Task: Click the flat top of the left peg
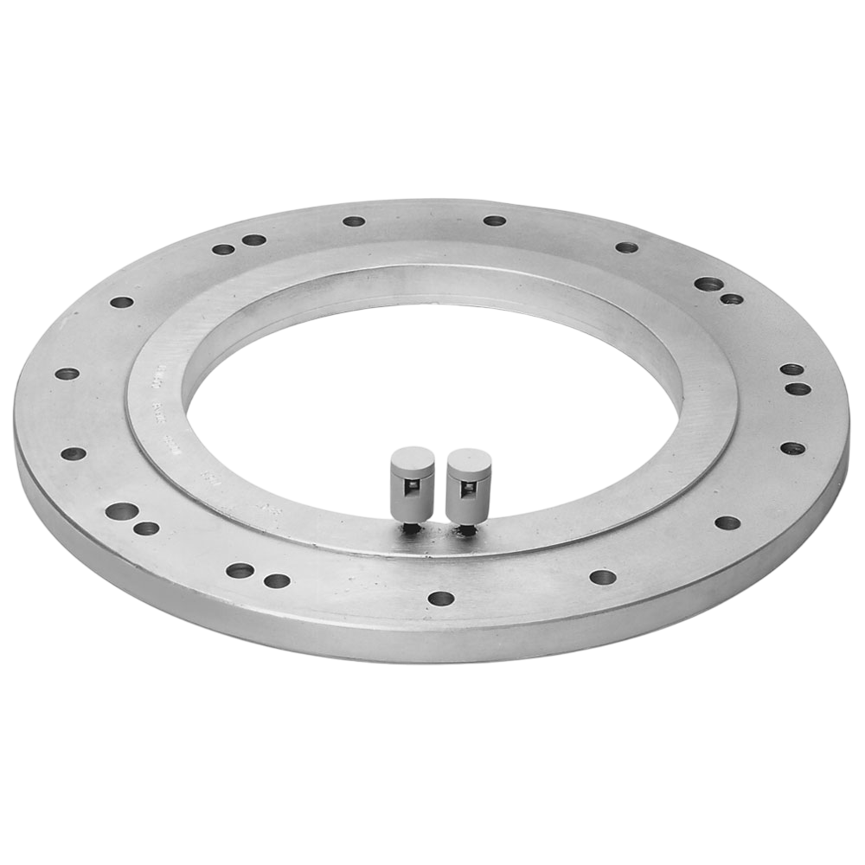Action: pyautogui.click(x=413, y=456)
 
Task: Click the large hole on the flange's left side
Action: pyautogui.click(x=122, y=510)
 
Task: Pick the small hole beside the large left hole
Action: pyautogui.click(x=146, y=528)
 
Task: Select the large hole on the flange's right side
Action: pyautogui.click(x=708, y=284)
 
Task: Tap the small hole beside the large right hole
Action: pyautogui.click(x=732, y=299)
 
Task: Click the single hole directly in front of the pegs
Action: pyautogui.click(x=441, y=598)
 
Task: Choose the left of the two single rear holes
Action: pyautogui.click(x=354, y=221)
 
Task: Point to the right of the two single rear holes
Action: pyautogui.click(x=494, y=221)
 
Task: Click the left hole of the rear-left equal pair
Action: pyautogui.click(x=223, y=249)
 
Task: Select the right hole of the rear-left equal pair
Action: pyautogui.click(x=253, y=240)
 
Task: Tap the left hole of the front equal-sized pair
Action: pyautogui.click(x=240, y=570)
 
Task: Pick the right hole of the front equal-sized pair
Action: pyautogui.click(x=277, y=580)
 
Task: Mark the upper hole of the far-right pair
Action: pyautogui.click(x=791, y=369)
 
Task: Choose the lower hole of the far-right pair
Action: pyautogui.click(x=798, y=388)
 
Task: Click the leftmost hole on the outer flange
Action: pyautogui.click(x=67, y=374)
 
